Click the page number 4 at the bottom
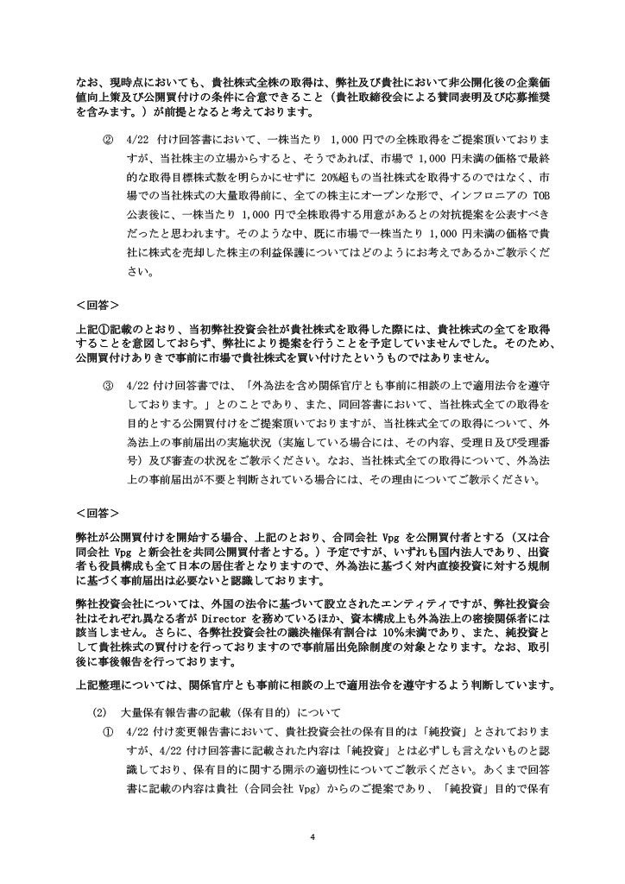click(312, 837)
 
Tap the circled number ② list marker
click(108, 139)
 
